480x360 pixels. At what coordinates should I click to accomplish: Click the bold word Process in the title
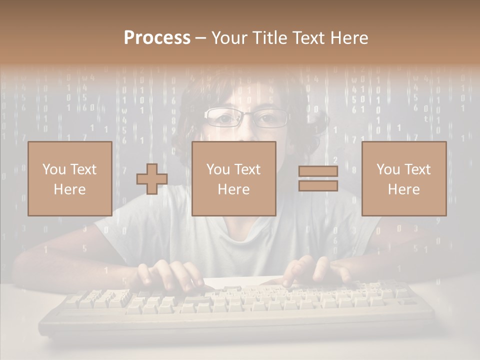coord(157,37)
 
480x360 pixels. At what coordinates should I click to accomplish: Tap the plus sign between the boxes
coord(152,179)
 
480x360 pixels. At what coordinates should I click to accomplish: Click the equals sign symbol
coord(318,178)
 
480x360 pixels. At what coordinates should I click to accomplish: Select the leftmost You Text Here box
coord(70,178)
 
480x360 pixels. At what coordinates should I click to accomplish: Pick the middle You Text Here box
coord(233,178)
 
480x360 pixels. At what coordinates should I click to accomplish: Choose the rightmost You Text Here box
coord(403,178)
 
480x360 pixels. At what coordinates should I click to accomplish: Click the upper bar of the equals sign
coord(318,171)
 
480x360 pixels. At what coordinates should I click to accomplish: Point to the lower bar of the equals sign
coord(318,185)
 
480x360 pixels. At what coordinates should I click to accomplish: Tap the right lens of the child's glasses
coord(270,118)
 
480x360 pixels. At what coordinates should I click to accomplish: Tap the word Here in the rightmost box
coord(403,189)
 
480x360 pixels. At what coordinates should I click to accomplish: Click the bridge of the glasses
coord(246,116)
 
